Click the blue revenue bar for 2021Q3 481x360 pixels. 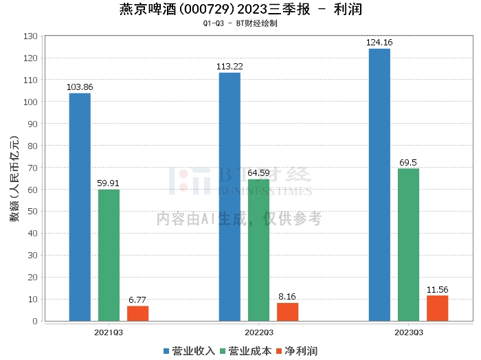click(80, 207)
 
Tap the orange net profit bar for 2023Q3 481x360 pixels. click(437, 308)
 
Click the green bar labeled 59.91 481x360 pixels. click(109, 255)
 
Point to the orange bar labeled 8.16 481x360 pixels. click(287, 312)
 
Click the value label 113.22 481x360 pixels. click(230, 67)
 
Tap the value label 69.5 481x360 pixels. click(408, 162)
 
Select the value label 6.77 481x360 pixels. click(137, 300)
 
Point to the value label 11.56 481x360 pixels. click(437, 289)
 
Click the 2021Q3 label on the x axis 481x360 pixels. click(109, 333)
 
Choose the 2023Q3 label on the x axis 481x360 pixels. click(408, 333)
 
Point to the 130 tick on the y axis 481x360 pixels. click(30, 36)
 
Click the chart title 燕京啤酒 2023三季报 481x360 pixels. click(240, 10)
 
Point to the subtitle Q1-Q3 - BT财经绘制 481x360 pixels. click(240, 23)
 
